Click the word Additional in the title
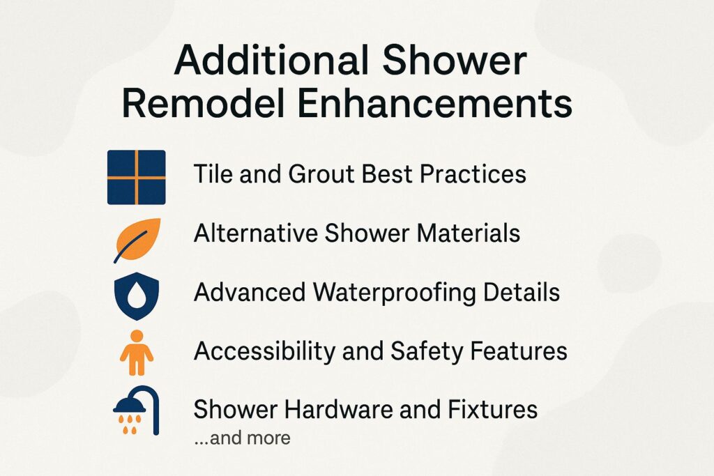[x=270, y=61]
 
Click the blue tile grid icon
[x=137, y=177]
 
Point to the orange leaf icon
[x=137, y=239]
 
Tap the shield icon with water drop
[x=136, y=295]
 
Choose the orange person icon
[x=136, y=353]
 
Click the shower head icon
[x=136, y=409]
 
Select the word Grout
[x=321, y=174]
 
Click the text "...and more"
[x=242, y=438]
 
